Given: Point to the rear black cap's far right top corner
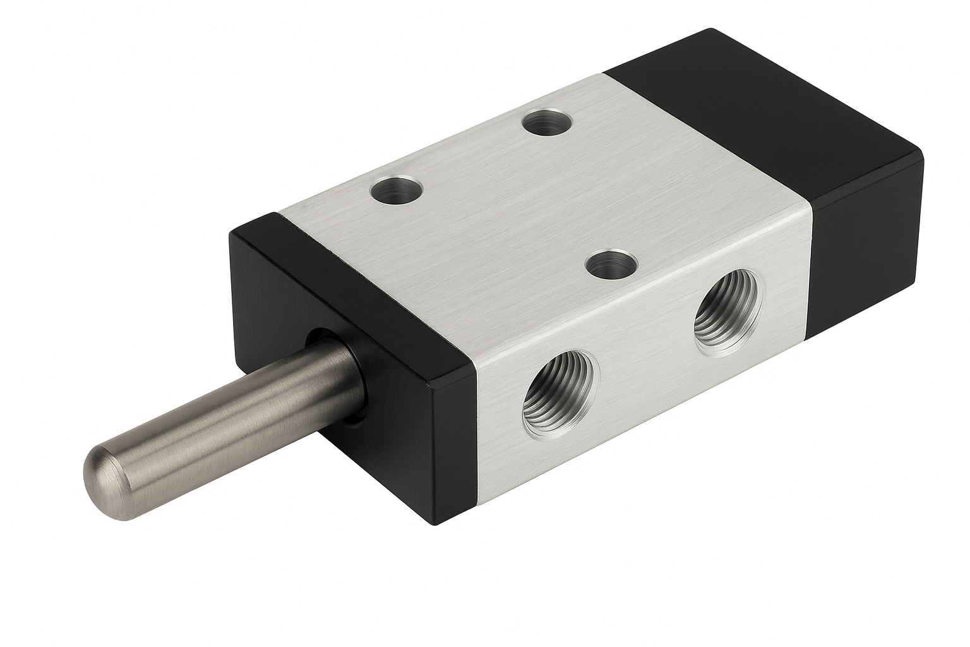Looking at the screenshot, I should pos(921,155).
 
